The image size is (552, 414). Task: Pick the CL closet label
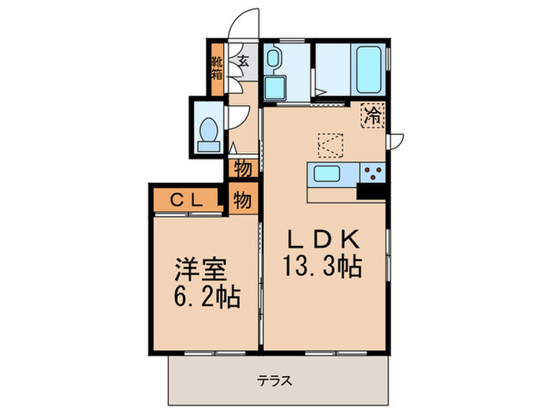tap(189, 200)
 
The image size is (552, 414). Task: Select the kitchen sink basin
tap(326, 173)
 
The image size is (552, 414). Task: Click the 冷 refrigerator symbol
tap(372, 116)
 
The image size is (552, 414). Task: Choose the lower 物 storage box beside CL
tap(242, 200)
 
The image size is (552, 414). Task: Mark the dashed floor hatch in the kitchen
tap(330, 145)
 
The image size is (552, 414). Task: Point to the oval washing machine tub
tap(273, 59)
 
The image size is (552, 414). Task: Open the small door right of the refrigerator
tap(397, 140)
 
